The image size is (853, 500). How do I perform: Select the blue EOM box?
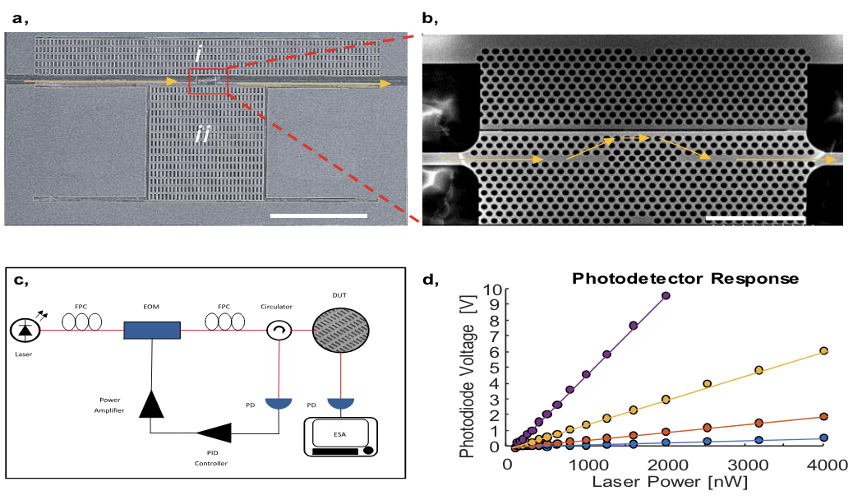152,330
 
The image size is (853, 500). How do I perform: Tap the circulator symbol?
279,330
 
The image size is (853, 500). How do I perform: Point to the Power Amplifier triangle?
152,403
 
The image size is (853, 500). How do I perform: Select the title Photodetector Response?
685,279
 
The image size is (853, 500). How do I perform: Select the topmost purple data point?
666,295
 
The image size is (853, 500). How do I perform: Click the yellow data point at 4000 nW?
823,350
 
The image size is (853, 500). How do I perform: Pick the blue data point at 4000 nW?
823,437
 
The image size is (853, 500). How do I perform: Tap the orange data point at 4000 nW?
823,417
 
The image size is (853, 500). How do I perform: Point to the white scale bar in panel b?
754,219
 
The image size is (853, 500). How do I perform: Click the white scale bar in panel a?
317,215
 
